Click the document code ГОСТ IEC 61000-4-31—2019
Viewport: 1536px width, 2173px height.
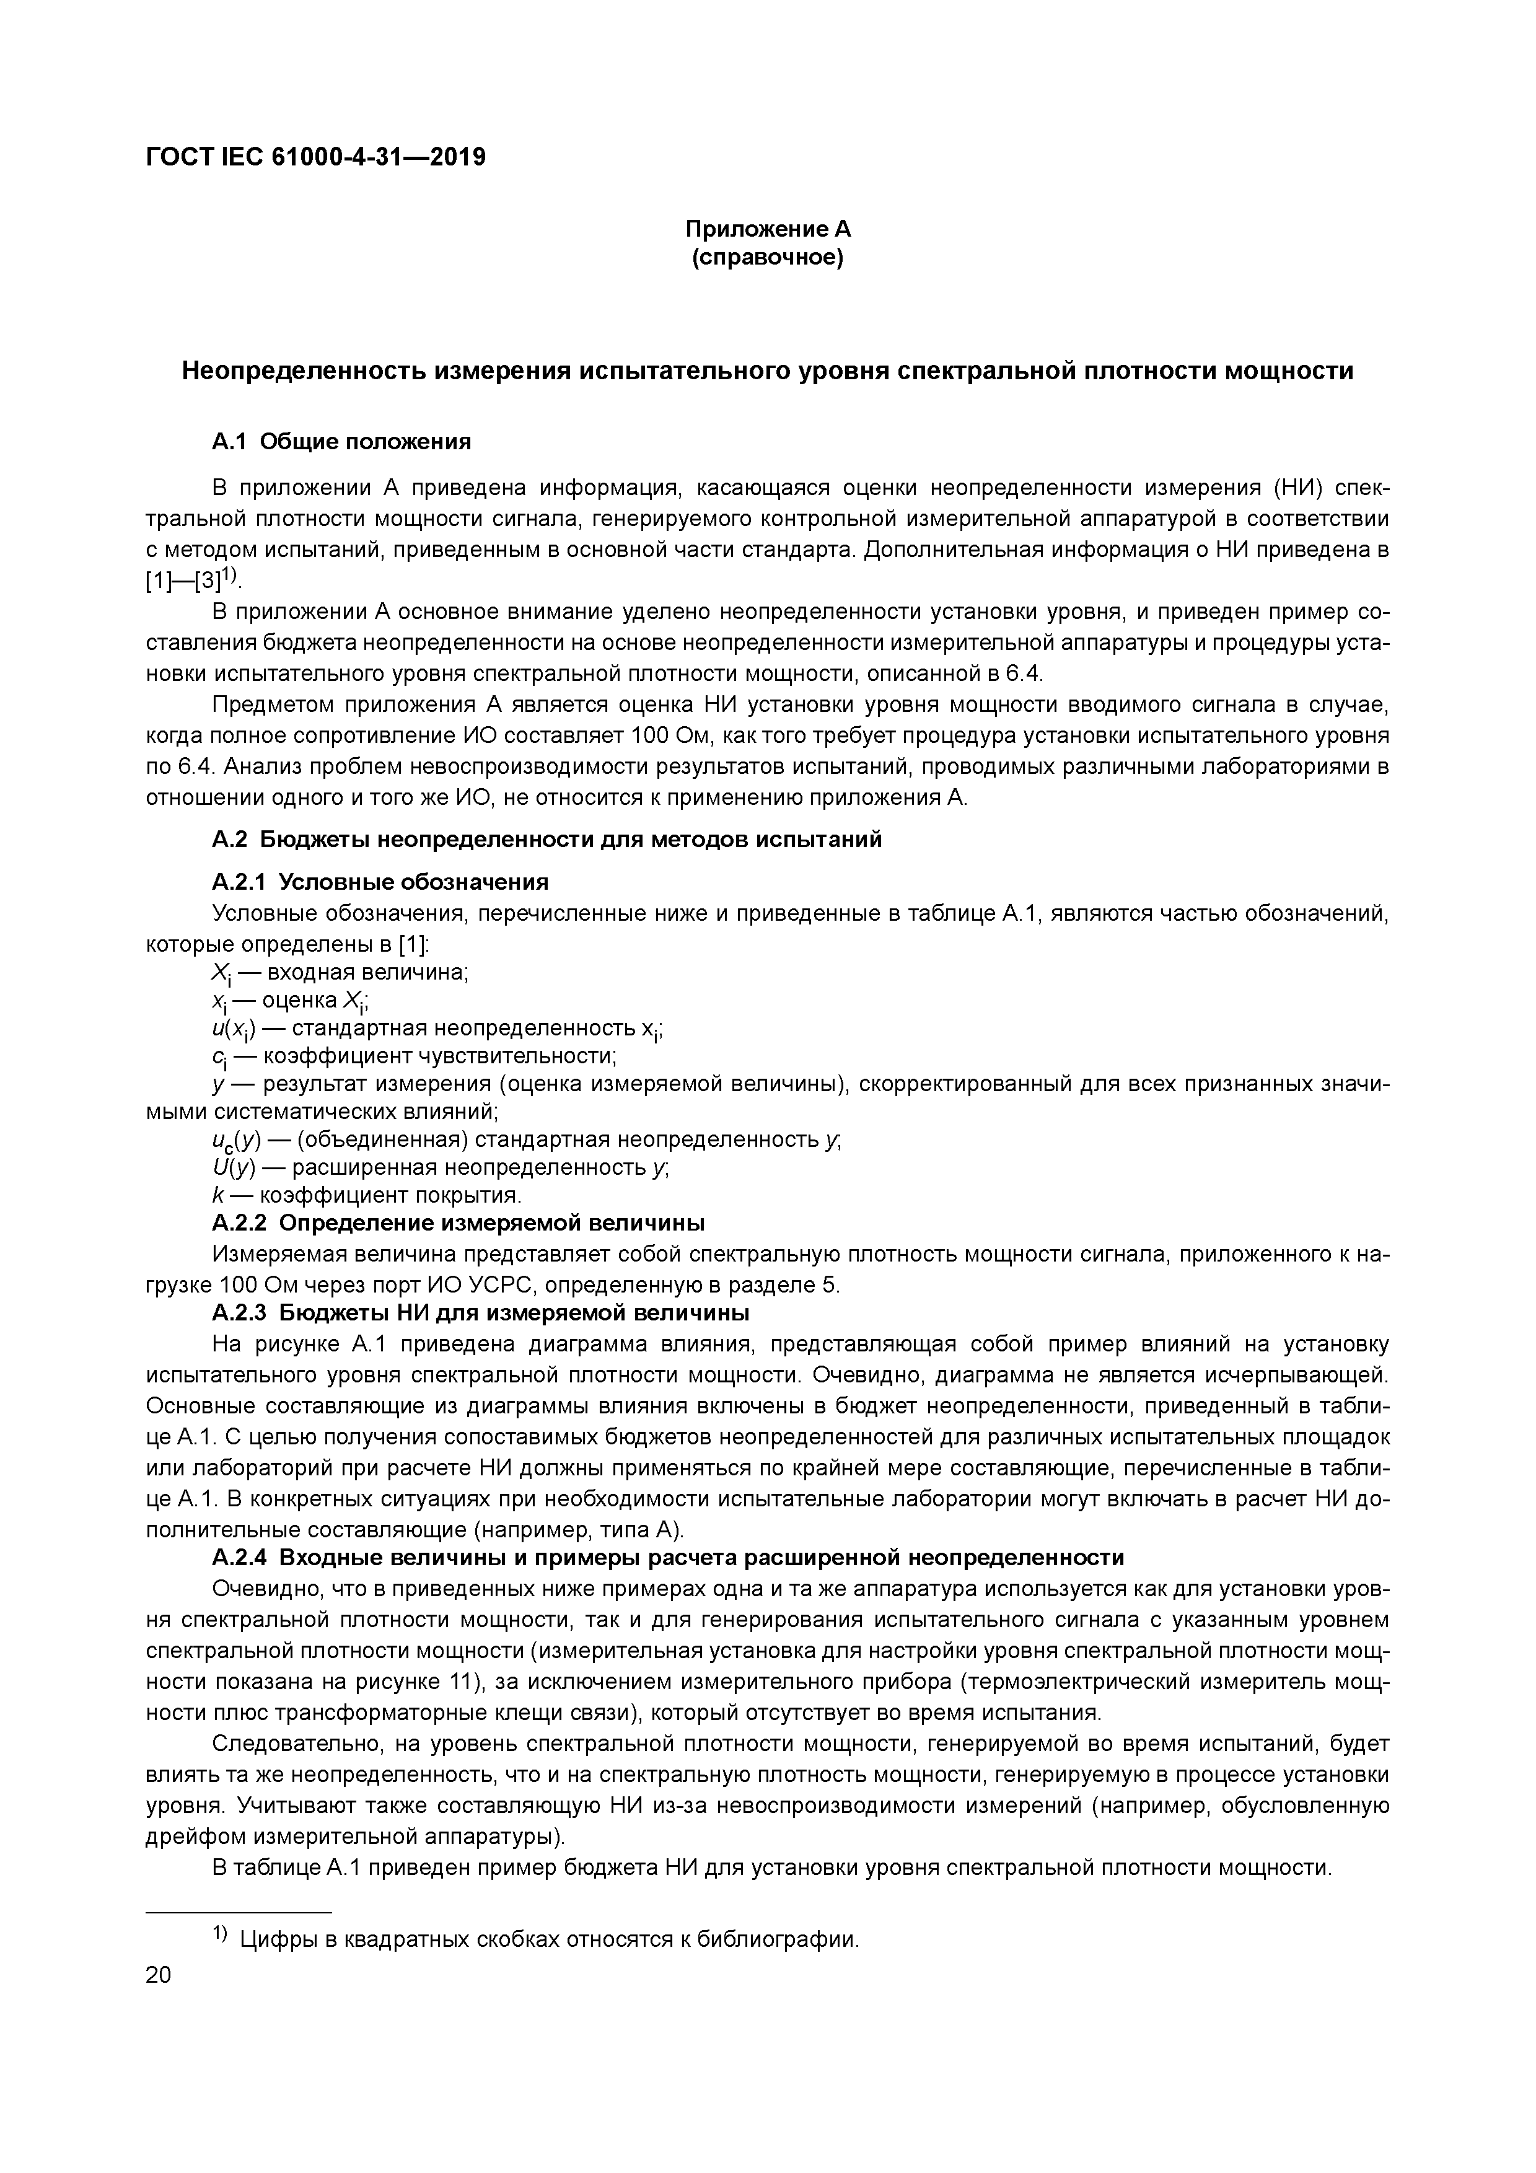tap(316, 157)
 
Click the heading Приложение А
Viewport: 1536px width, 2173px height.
tap(768, 229)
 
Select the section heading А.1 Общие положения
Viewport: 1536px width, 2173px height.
tap(341, 442)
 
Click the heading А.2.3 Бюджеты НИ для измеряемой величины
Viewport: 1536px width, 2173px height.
tap(481, 1313)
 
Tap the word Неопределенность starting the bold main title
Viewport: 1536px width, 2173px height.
tap(303, 371)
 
